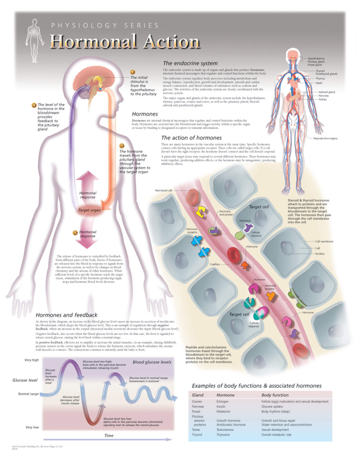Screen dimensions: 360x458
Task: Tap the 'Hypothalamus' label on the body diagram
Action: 316,58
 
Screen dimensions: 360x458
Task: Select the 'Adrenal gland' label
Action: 326,92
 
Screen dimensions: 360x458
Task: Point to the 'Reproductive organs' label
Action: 325,138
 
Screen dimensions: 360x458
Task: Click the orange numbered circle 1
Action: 132,72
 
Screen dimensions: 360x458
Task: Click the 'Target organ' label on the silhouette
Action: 89,210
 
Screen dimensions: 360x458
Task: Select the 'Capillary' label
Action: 215,264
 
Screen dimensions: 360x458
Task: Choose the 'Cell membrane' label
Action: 324,242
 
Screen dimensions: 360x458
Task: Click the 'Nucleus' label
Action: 320,254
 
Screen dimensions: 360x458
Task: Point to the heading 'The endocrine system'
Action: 190,63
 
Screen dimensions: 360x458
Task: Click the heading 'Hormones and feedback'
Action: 67,315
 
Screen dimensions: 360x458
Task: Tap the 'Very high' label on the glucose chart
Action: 31,360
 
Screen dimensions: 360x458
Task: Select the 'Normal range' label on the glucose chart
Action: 28,394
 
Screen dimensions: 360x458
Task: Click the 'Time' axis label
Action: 109,435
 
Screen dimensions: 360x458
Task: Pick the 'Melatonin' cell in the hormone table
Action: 223,411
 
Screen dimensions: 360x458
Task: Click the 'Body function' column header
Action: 275,395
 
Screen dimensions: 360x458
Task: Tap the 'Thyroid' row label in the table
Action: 197,435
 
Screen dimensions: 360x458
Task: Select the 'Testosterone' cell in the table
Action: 225,430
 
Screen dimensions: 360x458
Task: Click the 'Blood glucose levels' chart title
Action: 152,362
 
